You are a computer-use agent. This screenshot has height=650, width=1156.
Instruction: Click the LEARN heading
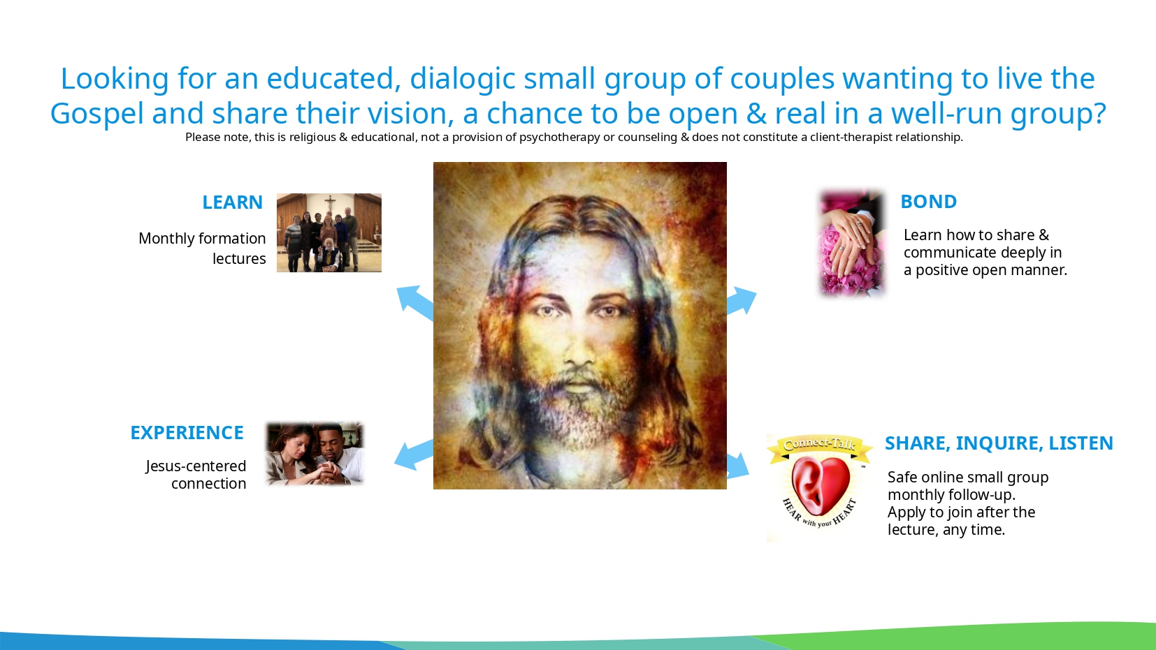(x=232, y=202)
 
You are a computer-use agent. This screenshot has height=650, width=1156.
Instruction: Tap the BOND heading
(x=928, y=202)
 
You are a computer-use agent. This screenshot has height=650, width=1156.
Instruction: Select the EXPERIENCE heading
(x=187, y=433)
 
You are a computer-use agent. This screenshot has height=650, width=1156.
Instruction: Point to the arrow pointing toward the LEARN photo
(x=414, y=302)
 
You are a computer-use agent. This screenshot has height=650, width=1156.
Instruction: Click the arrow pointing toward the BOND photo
(x=742, y=300)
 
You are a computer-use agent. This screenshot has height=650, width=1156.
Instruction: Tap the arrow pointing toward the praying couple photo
(x=413, y=455)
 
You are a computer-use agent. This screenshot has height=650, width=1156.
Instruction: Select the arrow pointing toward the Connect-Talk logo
(x=738, y=466)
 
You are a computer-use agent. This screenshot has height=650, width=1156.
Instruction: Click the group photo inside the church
(x=329, y=232)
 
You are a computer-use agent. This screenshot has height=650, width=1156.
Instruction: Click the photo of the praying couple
(x=315, y=454)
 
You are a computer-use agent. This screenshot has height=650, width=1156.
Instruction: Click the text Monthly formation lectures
(x=202, y=249)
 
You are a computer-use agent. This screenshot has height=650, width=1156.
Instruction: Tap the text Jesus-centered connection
(x=196, y=475)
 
